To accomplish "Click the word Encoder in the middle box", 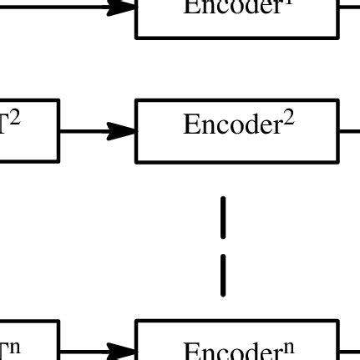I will point(232,126).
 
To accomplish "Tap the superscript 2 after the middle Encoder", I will point(288,119).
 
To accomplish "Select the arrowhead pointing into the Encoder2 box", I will point(124,130).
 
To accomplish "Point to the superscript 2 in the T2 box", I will point(15,119).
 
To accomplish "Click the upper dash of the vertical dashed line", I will point(223,217).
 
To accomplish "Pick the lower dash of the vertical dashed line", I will point(223,275).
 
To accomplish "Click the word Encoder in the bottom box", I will point(232,352).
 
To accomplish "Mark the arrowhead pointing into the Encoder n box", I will point(124,353).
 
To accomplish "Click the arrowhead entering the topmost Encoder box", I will point(124,8).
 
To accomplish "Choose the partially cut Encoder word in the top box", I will point(232,8).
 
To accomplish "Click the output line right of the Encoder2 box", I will point(349,130).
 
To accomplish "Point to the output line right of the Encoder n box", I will point(349,353).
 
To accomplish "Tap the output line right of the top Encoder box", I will point(349,8).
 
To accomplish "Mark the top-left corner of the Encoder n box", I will point(137,321).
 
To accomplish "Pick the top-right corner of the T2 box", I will point(58,101).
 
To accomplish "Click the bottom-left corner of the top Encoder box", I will point(137,37).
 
